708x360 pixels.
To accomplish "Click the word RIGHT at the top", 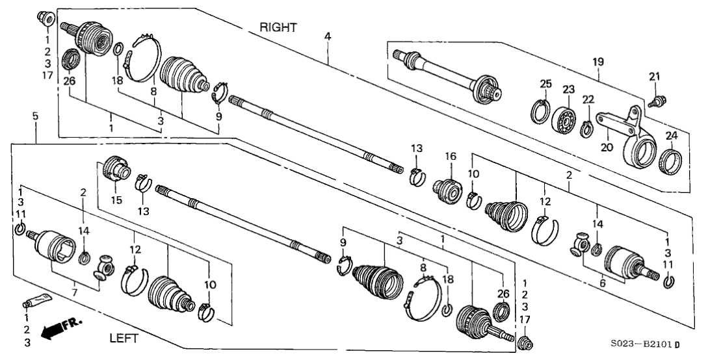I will coord(278,27).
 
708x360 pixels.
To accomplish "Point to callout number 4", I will coord(328,36).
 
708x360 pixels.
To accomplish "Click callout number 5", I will coord(35,116).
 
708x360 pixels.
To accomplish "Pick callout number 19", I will coord(598,62).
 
